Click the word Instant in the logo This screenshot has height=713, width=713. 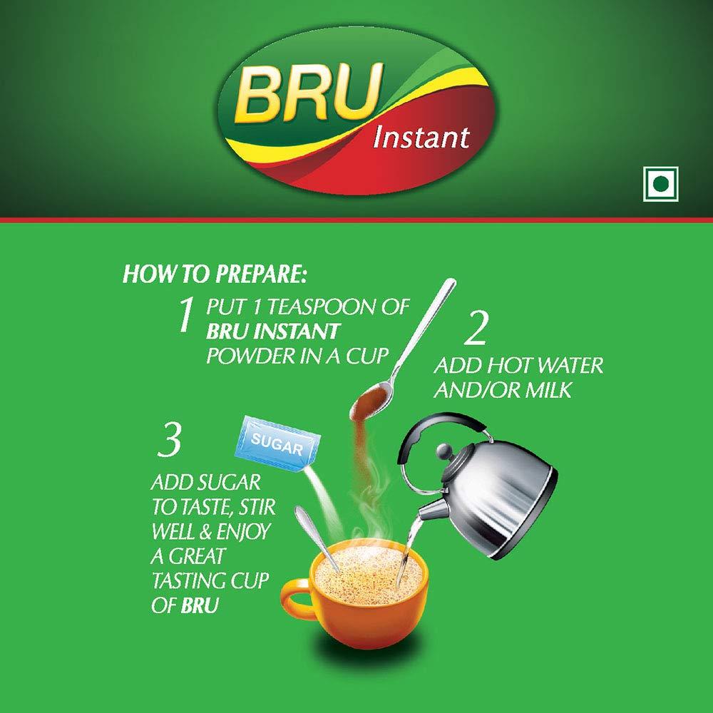(x=421, y=135)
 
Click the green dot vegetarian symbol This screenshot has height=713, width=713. (x=661, y=185)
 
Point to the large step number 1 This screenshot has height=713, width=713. (x=186, y=316)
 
